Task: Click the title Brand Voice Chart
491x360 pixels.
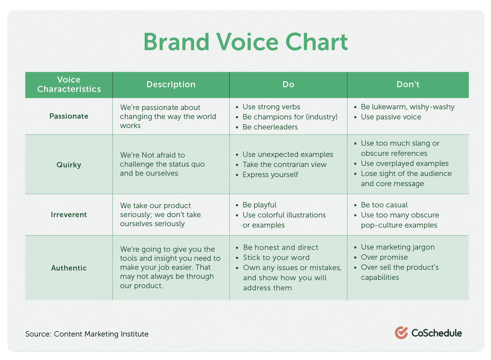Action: click(x=245, y=42)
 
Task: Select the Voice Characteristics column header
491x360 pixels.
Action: click(x=69, y=84)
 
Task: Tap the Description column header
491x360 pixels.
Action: click(x=171, y=84)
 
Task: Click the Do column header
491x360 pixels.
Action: click(x=288, y=84)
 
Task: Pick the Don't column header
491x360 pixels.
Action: click(x=408, y=84)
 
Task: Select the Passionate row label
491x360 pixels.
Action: click(x=69, y=116)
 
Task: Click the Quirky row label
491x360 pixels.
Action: click(x=69, y=165)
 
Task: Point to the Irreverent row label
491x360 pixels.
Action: click(x=69, y=215)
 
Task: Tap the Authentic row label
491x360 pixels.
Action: click(x=69, y=268)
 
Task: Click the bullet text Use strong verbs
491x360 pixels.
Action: click(x=271, y=107)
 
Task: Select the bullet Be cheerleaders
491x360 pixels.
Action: click(x=270, y=127)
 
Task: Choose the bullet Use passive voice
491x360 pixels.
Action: click(x=391, y=117)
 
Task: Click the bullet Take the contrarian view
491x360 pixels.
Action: click(x=285, y=164)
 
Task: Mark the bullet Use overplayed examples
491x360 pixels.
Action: click(x=405, y=163)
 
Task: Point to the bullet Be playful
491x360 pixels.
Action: click(x=259, y=205)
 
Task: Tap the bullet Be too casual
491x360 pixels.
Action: click(x=384, y=205)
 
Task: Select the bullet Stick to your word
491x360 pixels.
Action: click(x=276, y=258)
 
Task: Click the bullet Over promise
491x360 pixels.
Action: click(x=384, y=257)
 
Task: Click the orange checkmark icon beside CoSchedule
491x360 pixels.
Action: click(x=401, y=333)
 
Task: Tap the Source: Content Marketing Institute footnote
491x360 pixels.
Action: click(x=87, y=334)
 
